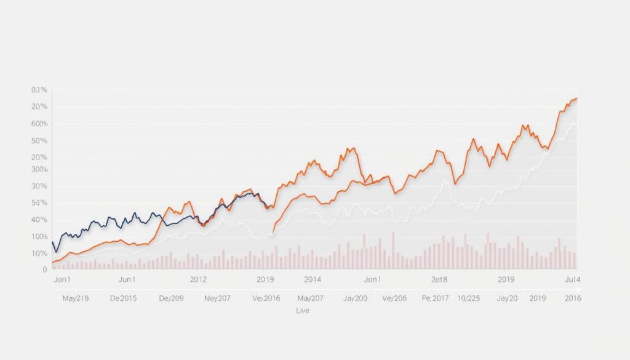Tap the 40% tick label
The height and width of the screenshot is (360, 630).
pyautogui.click(x=39, y=220)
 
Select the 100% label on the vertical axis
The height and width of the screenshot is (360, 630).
pyautogui.click(x=39, y=237)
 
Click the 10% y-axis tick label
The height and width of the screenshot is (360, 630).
pyautogui.click(x=39, y=254)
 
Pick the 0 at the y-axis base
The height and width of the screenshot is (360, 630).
pyautogui.click(x=44, y=269)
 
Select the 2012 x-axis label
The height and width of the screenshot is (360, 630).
pyautogui.click(x=198, y=279)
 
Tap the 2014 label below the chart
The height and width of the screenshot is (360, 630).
pyautogui.click(x=312, y=279)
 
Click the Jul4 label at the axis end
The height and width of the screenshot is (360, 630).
pyautogui.click(x=573, y=279)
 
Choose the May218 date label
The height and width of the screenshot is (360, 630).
pyautogui.click(x=76, y=298)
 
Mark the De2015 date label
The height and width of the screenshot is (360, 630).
pyautogui.click(x=124, y=298)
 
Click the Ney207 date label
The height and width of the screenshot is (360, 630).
pyautogui.click(x=217, y=298)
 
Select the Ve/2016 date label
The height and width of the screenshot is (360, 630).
pyautogui.click(x=266, y=298)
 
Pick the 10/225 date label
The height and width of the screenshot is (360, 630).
pyautogui.click(x=469, y=298)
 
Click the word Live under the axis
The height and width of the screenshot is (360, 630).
pyautogui.click(x=302, y=311)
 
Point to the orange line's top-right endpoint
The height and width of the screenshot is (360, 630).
pyautogui.click(x=576, y=98)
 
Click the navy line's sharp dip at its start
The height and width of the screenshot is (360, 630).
pyautogui.click(x=56, y=252)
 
